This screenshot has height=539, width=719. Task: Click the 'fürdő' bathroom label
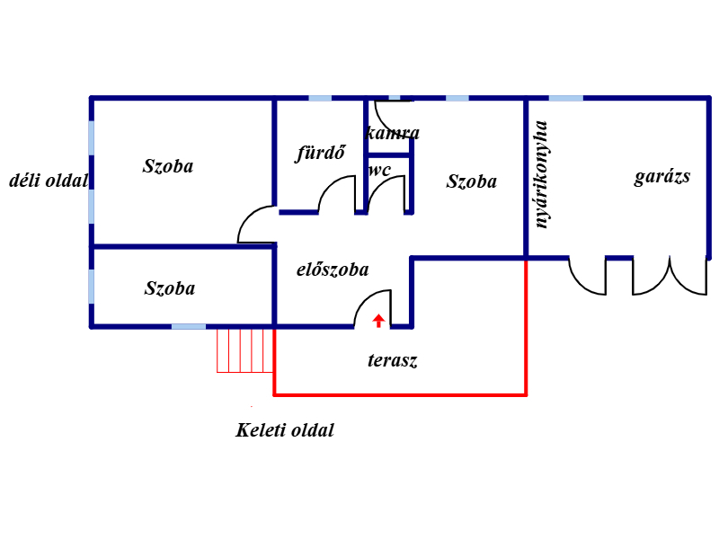pos(320,153)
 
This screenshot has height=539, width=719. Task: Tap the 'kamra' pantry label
pos(393,133)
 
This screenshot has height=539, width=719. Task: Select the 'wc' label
pos(379,171)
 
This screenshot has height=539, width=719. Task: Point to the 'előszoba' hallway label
pos(333,269)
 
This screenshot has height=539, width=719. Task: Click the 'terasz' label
pos(393,360)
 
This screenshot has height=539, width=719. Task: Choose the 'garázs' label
pos(662,177)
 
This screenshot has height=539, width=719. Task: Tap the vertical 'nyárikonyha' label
pos(541,174)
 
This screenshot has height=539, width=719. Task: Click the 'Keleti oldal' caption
pos(285,430)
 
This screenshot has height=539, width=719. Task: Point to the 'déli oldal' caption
pos(49,181)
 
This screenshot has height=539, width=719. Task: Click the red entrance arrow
pos(378,321)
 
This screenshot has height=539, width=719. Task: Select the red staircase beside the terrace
pos(245,350)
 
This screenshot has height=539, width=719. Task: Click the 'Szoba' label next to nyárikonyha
pos(471,181)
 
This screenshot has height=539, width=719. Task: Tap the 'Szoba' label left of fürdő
pos(168,166)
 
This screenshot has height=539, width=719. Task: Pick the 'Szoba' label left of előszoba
pos(170,288)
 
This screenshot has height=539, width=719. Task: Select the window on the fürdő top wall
pos(320,98)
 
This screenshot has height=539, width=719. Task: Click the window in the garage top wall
pos(566,98)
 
